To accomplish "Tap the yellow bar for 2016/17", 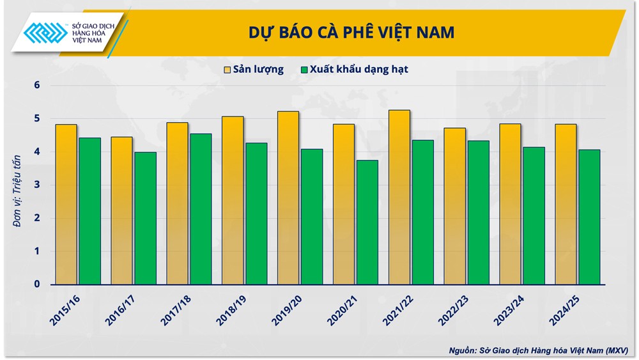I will pos(121,210).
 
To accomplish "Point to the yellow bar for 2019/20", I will pos(288,198).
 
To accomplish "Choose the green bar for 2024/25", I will pos(589,217).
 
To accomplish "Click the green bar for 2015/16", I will pos(89,211).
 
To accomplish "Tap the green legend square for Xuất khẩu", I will pos(304,70).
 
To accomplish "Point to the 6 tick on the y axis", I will pos(37,85).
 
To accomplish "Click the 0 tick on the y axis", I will pos(37,285).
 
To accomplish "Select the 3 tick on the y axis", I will pos(37,185).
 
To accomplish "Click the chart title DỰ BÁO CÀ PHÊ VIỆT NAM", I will pos(351,33).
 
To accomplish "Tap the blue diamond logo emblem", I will pos(45,32).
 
